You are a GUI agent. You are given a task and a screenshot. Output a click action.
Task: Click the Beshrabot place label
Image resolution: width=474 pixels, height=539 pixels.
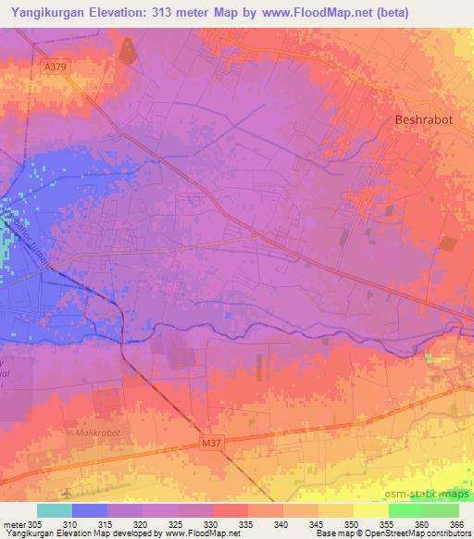coord(425,119)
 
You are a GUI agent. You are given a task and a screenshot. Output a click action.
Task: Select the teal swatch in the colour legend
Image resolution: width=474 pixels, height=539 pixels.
coord(54,510)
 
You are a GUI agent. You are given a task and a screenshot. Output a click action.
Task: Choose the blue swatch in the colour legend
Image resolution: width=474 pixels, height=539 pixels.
coord(89,510)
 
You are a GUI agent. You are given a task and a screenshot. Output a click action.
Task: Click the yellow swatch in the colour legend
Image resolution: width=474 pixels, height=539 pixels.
coord(370,510)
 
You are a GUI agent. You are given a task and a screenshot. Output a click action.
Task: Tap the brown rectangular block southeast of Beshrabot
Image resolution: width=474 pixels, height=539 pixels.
coord(447,244)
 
